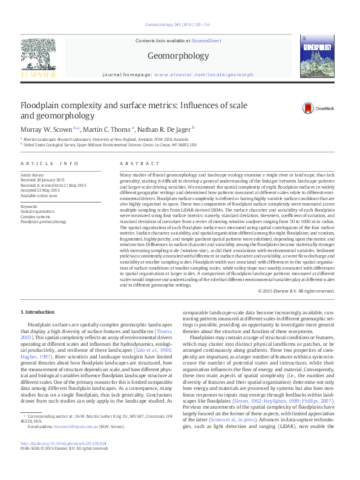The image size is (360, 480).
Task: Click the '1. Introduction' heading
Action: click(38, 311)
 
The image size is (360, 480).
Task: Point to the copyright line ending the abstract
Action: click(296, 291)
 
